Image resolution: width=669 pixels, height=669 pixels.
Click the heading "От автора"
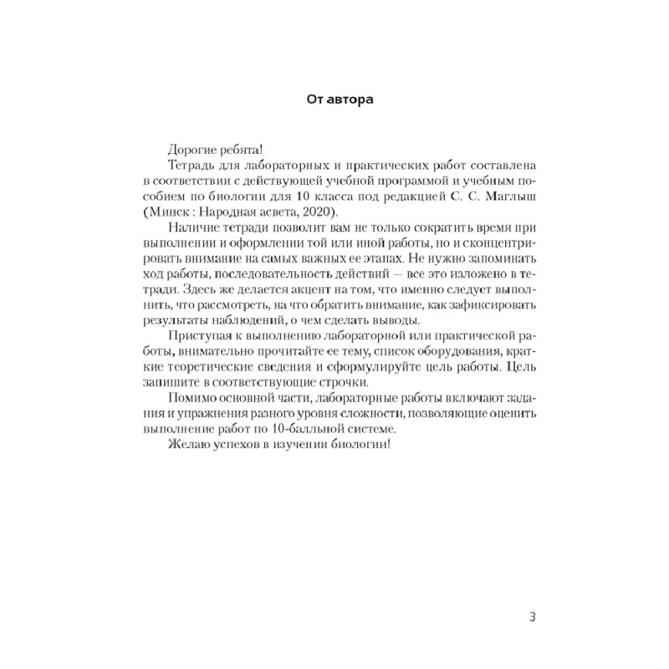pyautogui.click(x=334, y=100)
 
